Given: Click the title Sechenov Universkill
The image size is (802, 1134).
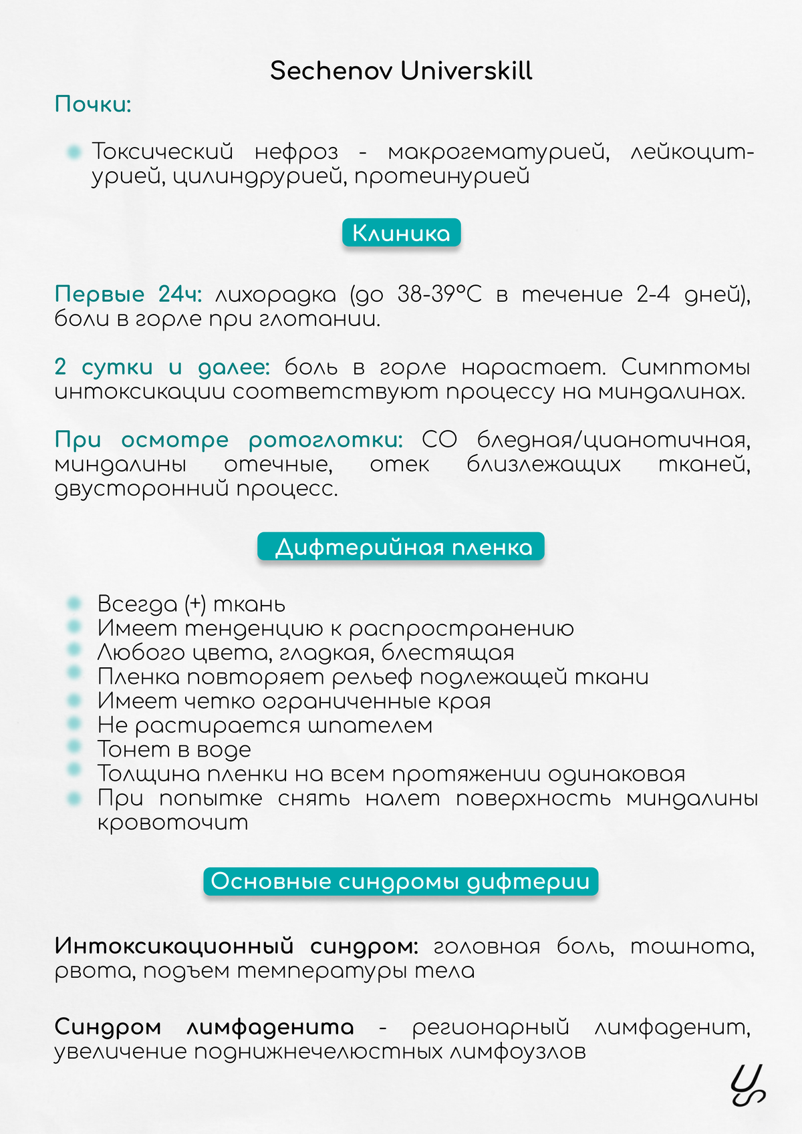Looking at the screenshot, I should (401, 71).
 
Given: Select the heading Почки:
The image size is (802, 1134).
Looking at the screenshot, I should (93, 104).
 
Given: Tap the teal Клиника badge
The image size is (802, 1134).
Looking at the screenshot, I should (401, 233).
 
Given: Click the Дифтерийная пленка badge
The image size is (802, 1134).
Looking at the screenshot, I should (401, 547).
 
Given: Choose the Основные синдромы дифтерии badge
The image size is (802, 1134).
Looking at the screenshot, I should (400, 881).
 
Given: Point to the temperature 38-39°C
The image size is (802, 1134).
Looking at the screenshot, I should (439, 294).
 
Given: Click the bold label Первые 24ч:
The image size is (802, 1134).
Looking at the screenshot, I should (128, 294).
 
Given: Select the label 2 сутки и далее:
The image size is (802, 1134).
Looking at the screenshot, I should (162, 367).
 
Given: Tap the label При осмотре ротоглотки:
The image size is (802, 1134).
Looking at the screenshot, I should (229, 439).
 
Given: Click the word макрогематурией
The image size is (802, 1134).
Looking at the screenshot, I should (498, 152).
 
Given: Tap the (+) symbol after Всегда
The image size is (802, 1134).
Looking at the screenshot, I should (195, 604).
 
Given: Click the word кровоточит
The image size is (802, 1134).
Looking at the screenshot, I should (172, 822).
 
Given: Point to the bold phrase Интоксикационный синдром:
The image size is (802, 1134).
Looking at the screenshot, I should (236, 946).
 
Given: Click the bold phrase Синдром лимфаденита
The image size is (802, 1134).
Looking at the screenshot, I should (204, 1026).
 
